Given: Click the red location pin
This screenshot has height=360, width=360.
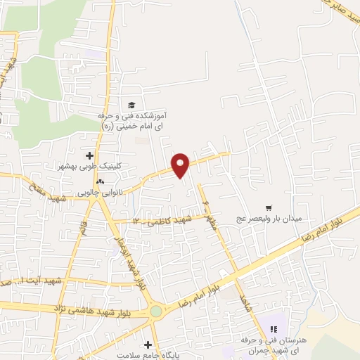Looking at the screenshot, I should pyautogui.click(x=181, y=165).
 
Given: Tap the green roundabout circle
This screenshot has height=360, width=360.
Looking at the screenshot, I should pyautogui.click(x=155, y=311).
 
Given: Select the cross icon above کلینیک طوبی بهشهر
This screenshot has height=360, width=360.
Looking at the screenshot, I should pyautogui.click(x=89, y=155).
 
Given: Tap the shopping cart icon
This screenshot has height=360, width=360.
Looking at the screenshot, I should pyautogui.click(x=268, y=208).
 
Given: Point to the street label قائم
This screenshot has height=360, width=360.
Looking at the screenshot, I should pyautogui.click(x=85, y=229).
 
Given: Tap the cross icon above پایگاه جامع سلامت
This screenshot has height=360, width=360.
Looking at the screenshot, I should pyautogui.click(x=148, y=345).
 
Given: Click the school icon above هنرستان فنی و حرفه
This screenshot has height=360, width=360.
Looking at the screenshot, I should pyautogui.click(x=274, y=328).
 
